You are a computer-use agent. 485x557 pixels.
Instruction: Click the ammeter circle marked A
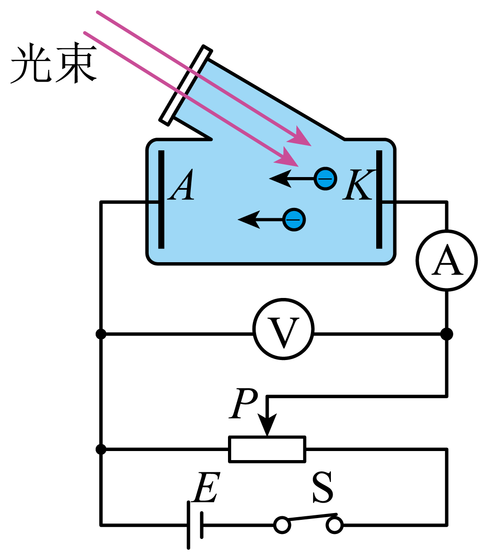tap(446, 260)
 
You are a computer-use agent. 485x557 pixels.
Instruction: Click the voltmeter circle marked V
tap(283, 329)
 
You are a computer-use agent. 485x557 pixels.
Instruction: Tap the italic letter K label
tap(358, 185)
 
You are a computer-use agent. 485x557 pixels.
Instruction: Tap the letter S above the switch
tap(323, 487)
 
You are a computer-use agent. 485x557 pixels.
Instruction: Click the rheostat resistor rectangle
tap(267, 449)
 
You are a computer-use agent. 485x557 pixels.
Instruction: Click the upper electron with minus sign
tap(325, 179)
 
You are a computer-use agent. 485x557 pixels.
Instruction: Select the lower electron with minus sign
tap(294, 220)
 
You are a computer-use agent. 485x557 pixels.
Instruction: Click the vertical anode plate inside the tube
tap(161, 199)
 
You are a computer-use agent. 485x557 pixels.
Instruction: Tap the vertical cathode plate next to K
tap(379, 199)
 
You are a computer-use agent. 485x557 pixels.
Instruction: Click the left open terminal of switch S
tap(282, 525)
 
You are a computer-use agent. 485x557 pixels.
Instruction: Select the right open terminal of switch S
tap(335, 525)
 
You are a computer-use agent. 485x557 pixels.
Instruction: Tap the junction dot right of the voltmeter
tap(446, 334)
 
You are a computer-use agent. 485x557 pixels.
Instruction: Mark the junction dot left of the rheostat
tap(101, 449)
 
